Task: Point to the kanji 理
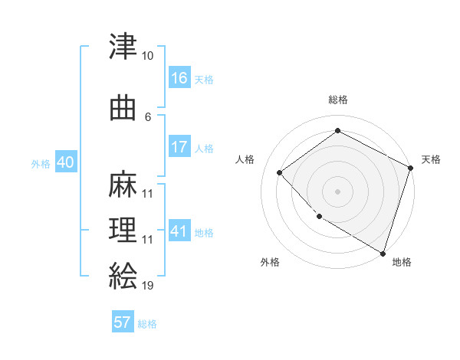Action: (x=123, y=229)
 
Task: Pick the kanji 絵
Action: (x=123, y=274)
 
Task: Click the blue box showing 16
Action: (x=179, y=77)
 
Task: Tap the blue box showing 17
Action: (x=179, y=147)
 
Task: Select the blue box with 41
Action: (x=179, y=231)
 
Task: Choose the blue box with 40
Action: (x=65, y=162)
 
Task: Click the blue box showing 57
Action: (x=123, y=322)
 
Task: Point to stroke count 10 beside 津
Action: (x=147, y=56)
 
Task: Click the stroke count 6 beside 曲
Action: (x=148, y=116)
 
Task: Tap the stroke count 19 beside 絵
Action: (x=147, y=285)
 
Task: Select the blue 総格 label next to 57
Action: (x=147, y=324)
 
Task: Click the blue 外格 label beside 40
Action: (x=41, y=164)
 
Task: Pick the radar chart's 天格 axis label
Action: (x=431, y=159)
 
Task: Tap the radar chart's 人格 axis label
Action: (x=245, y=159)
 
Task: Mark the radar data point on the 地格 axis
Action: (x=383, y=252)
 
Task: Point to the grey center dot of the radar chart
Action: (x=337, y=191)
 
